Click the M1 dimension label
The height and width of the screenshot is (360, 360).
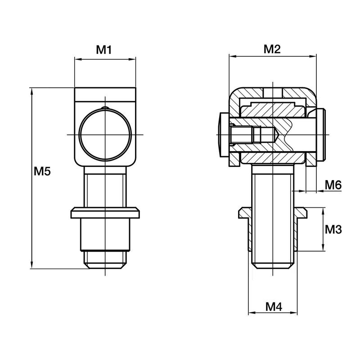(104, 50)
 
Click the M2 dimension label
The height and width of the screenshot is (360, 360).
(272, 49)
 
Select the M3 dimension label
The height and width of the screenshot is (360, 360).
(333, 229)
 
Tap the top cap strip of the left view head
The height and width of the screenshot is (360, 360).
(105, 94)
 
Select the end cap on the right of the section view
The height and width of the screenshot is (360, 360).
(320, 135)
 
